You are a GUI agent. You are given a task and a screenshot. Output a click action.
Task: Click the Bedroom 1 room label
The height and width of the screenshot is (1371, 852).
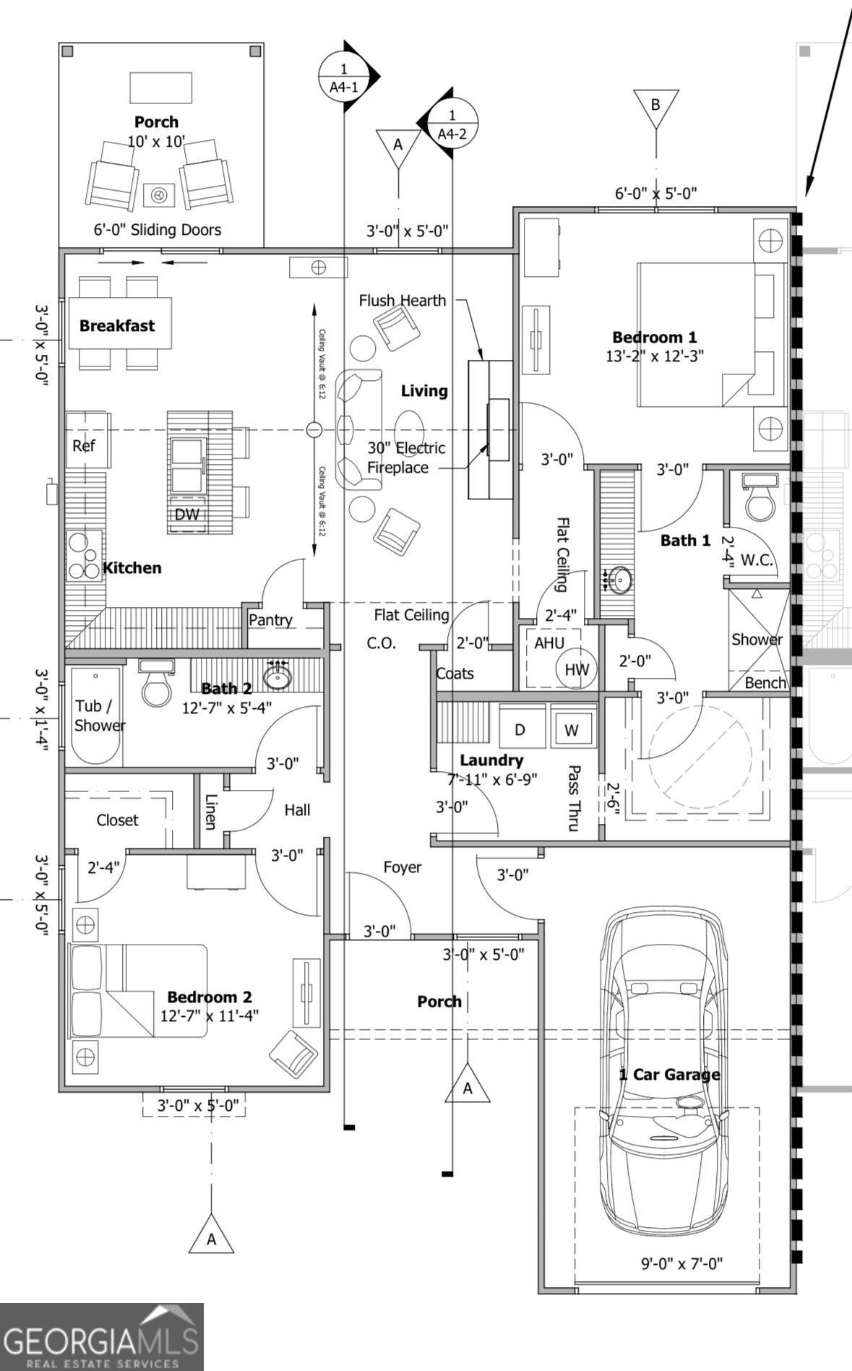tap(655, 337)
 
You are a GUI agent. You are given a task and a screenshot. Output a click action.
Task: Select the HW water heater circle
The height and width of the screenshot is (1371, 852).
tap(576, 669)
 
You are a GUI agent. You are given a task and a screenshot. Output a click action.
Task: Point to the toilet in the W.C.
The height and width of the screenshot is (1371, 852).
tap(759, 499)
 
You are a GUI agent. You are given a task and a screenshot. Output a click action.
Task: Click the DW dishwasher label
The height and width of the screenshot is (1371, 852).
tap(186, 515)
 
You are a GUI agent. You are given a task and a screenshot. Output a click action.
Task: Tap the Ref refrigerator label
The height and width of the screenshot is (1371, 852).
tap(84, 446)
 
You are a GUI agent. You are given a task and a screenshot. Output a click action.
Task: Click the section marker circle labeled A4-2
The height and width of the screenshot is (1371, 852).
tap(452, 123)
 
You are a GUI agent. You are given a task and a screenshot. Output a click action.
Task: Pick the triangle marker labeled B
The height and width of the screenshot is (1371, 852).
tap(655, 106)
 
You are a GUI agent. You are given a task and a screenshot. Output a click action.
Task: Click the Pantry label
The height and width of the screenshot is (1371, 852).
tap(270, 619)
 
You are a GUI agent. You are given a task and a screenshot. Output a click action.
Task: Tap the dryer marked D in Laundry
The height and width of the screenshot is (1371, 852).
tap(520, 730)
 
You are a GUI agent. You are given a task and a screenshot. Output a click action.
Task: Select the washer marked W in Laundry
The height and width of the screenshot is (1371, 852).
tap(572, 730)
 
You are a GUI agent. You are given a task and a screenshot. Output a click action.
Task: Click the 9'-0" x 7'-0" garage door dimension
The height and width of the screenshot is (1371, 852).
tap(681, 1263)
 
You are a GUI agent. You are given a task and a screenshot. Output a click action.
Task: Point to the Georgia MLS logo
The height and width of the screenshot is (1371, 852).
tap(101, 1337)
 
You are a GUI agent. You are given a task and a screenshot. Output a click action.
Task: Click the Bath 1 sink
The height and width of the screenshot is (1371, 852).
tap(619, 580)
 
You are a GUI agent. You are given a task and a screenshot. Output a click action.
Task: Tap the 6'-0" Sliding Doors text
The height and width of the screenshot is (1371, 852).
tap(158, 230)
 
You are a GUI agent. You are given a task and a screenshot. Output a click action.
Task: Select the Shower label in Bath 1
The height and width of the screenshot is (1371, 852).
tap(757, 640)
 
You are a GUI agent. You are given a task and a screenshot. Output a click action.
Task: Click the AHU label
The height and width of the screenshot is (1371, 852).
tap(550, 643)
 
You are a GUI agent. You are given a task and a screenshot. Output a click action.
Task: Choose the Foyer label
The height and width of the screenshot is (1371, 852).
tap(403, 867)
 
